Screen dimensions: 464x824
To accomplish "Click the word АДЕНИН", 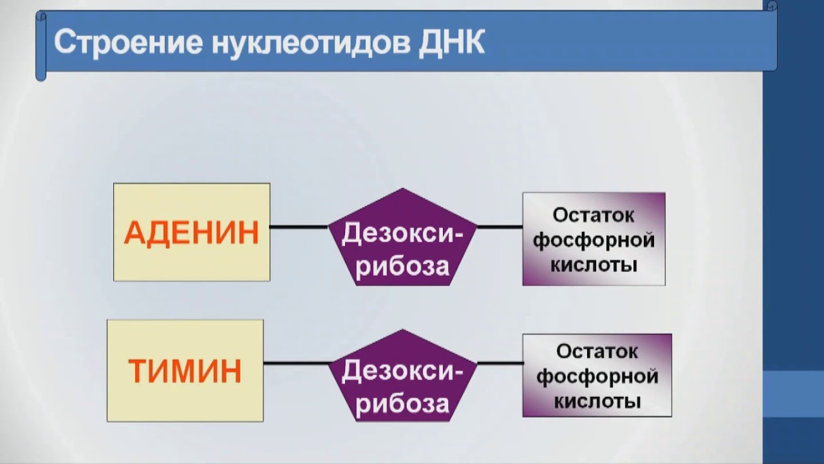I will pos(191,233).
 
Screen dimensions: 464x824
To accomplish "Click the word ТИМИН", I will pos(185,371).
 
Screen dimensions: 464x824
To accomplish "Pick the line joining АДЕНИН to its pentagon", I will pos(298,227).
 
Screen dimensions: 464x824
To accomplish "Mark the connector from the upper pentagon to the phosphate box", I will pos(500,227).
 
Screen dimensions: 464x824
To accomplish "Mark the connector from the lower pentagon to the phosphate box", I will pos(500,363).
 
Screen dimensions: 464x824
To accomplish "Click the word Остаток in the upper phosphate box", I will pos(594,215).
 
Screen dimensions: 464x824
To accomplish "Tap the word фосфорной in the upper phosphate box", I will pos(594,240).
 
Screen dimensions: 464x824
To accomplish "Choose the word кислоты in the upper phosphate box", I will pos(594,264).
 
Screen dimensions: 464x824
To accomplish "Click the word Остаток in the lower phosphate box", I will pos(597,352).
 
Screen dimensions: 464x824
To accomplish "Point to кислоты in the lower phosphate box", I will pos(597,401).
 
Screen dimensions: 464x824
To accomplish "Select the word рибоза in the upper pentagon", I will pos(402,266).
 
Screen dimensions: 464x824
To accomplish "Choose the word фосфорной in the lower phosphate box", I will pos(597,376).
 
